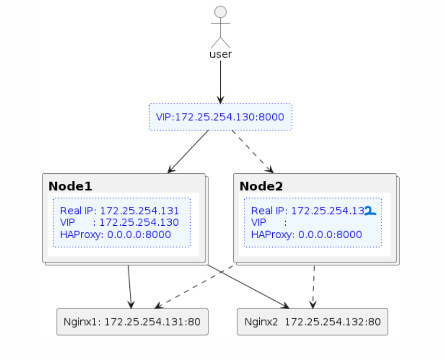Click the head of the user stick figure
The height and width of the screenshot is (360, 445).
(x=220, y=12)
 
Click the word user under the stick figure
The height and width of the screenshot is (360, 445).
(x=220, y=54)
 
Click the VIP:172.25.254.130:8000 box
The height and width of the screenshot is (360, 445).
(x=220, y=117)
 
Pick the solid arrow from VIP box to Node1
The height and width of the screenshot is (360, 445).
(x=189, y=151)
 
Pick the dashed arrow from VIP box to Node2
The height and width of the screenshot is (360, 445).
(x=252, y=151)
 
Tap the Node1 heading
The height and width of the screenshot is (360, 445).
(x=70, y=186)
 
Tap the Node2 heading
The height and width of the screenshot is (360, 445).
(x=261, y=186)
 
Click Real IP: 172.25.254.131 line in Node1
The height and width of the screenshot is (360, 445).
(x=119, y=211)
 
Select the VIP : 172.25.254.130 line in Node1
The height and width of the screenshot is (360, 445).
(x=119, y=222)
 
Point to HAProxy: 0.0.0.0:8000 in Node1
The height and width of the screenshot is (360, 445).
(x=115, y=235)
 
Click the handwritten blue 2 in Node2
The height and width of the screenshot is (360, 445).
(x=369, y=211)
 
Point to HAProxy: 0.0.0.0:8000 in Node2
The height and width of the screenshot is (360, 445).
(x=306, y=235)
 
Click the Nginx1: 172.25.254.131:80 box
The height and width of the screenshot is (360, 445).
(x=132, y=321)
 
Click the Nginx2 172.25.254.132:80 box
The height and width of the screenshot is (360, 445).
(x=312, y=321)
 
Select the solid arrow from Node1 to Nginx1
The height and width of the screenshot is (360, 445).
(x=129, y=286)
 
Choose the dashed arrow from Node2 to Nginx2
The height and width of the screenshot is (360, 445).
(x=314, y=286)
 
